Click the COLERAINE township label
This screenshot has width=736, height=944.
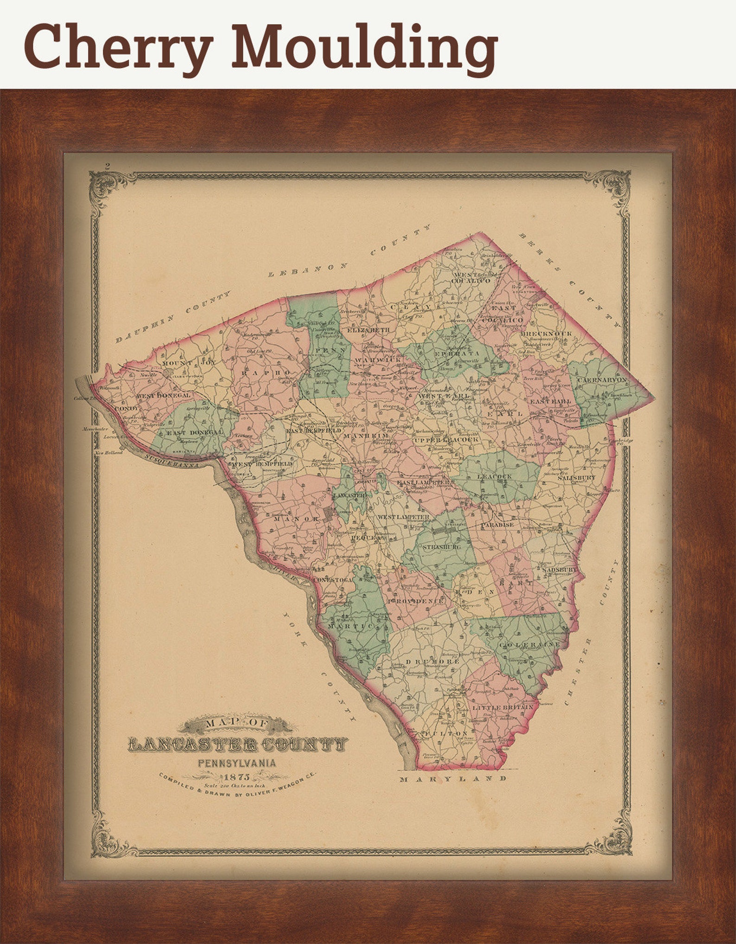coord(529,645)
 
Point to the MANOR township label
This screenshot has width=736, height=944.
coord(297,519)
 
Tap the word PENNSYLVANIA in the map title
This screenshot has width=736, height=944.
coord(237,762)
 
